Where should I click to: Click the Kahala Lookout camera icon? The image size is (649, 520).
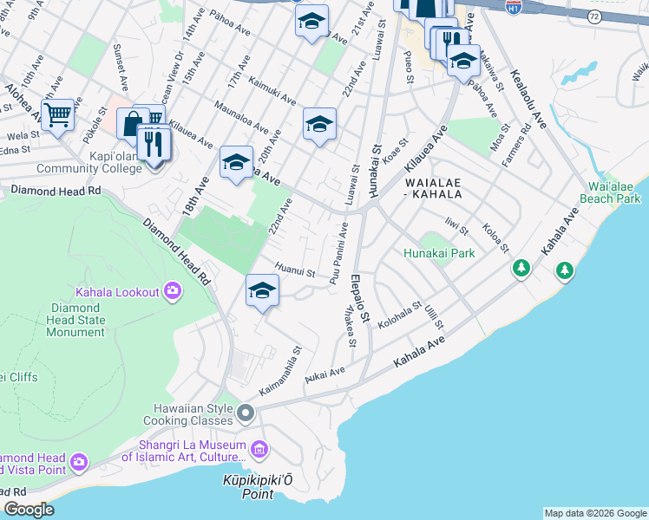[173, 291]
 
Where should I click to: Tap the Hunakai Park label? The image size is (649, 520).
[438, 253]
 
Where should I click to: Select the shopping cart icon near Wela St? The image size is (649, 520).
[57, 114]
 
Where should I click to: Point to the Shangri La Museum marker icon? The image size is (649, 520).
[259, 449]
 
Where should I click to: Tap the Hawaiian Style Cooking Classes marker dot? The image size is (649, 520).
[246, 413]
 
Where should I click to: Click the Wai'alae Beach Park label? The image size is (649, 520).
[613, 192]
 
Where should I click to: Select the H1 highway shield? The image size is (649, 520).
[514, 6]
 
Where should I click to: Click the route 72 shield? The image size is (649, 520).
[593, 16]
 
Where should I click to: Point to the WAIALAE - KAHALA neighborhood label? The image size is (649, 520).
[431, 188]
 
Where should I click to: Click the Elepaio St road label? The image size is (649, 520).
[361, 301]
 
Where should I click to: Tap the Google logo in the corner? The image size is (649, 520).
[29, 509]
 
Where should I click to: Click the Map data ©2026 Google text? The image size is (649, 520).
[594, 513]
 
